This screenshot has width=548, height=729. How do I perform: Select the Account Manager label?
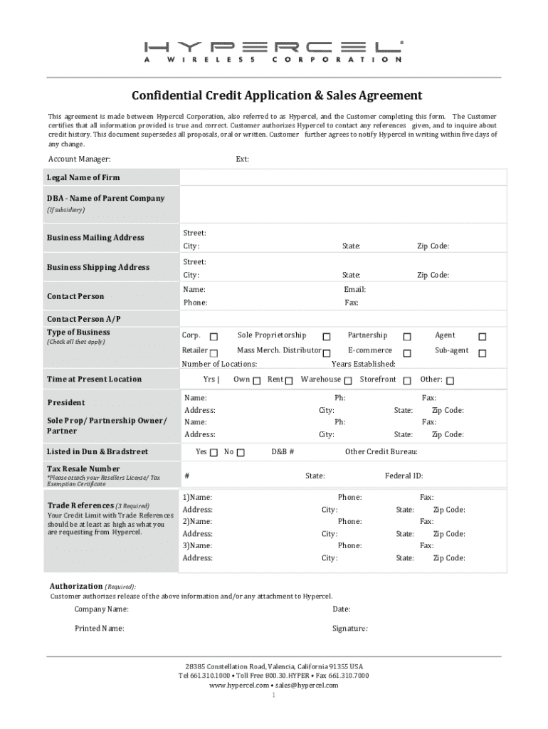pos(79,159)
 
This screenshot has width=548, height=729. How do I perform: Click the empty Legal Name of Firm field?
pos(343,177)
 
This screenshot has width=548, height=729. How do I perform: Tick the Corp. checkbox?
pos(214,337)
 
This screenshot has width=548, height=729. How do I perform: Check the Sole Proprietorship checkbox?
pos(327,337)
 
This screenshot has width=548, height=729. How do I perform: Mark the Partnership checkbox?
pos(408,337)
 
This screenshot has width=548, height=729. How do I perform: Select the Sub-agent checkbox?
pos(482,353)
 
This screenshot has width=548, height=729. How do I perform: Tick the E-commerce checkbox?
pos(408,353)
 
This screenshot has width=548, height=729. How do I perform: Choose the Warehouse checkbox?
pos(348,381)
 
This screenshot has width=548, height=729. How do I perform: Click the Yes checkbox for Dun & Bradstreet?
pos(214,453)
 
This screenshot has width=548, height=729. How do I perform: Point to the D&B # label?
pos(283,451)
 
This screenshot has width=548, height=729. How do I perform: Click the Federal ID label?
pos(404,476)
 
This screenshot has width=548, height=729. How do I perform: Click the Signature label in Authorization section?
pos(349,629)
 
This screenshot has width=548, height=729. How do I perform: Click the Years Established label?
pos(363,364)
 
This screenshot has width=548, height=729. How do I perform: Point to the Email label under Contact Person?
pos(354,290)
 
